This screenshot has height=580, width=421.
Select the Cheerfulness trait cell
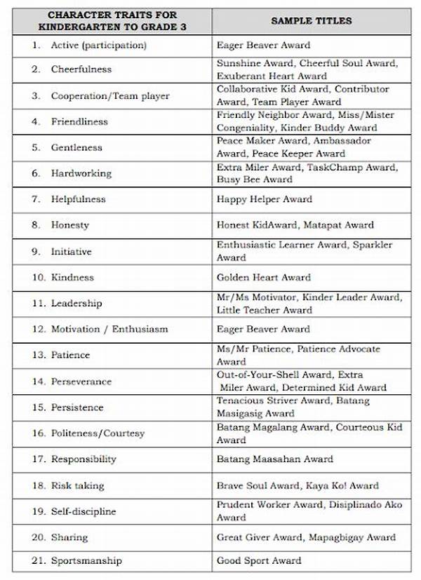(81, 69)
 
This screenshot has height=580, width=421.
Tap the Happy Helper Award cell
(265, 199)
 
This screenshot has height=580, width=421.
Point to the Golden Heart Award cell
(263, 277)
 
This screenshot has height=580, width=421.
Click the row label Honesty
(69, 225)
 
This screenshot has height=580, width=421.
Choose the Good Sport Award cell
(259, 560)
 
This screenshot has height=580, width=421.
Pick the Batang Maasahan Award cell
(274, 459)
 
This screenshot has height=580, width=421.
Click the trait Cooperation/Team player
(109, 95)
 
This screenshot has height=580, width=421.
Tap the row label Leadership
(76, 303)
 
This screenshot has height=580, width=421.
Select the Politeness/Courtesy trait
(98, 433)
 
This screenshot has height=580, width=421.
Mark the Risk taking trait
(77, 485)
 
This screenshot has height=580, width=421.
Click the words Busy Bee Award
(255, 180)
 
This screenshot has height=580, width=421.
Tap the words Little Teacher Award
(265, 310)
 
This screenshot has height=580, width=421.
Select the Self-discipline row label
(83, 511)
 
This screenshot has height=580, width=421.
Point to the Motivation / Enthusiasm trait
(109, 329)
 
